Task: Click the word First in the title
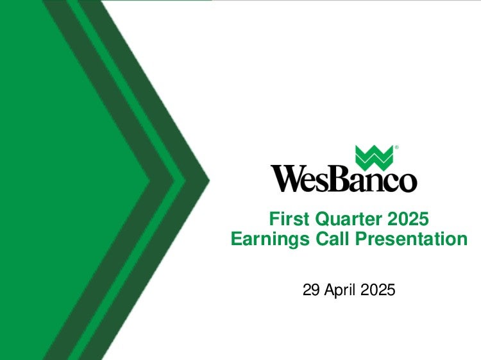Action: [x=289, y=219]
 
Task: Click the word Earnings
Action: [x=270, y=239]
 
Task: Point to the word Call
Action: [x=332, y=239]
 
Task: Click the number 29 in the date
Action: [x=311, y=289]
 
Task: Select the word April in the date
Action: [x=340, y=290]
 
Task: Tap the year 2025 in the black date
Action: [x=378, y=289]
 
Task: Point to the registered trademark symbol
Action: [x=396, y=148]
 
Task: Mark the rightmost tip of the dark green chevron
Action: [x=210, y=180]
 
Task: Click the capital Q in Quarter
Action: [x=322, y=219]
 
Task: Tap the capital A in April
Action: [x=329, y=289]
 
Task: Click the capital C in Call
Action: [x=322, y=239]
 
